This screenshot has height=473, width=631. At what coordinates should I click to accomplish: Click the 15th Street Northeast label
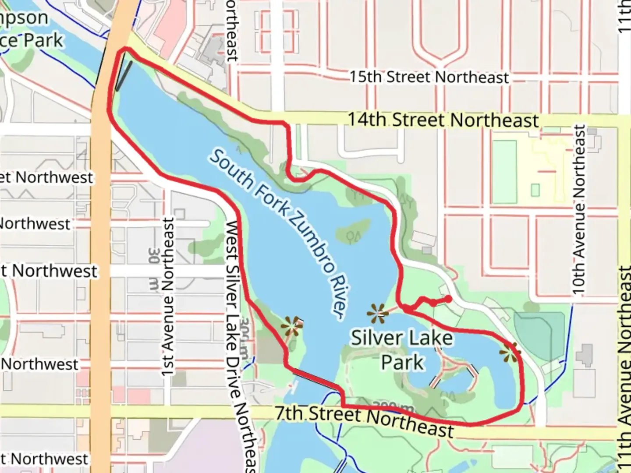click(x=429, y=77)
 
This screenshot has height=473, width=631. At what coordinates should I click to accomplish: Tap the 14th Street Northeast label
click(x=443, y=120)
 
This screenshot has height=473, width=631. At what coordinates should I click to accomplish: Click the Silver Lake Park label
click(x=402, y=350)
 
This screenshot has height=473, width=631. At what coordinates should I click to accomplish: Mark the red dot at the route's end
click(x=448, y=299)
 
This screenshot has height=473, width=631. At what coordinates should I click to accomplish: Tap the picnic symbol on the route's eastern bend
click(x=510, y=353)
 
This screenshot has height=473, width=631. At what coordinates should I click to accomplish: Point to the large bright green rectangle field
click(x=504, y=172)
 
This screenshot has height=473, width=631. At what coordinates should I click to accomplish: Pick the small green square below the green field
click(x=535, y=190)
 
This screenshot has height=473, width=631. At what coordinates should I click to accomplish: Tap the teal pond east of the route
click(x=539, y=333)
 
